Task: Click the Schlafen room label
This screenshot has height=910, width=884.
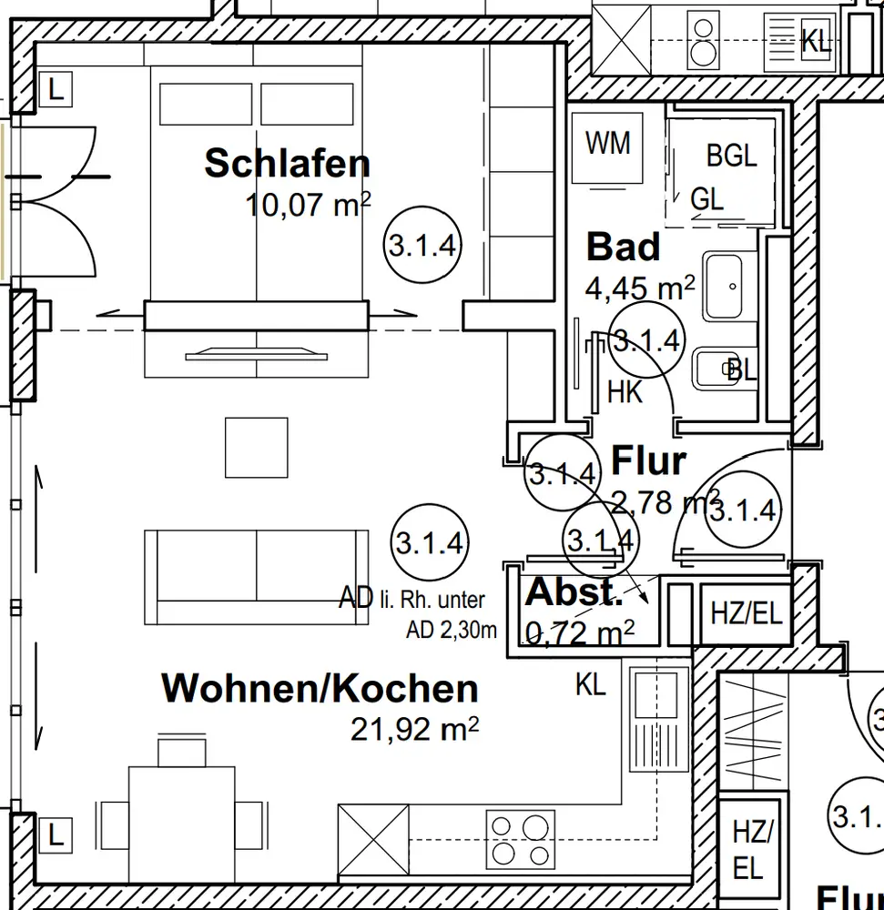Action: pos(287,164)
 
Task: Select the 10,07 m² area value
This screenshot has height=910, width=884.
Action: pos(307,205)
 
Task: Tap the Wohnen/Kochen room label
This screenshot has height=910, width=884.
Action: pos(320,688)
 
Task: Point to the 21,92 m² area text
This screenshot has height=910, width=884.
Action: pos(415,728)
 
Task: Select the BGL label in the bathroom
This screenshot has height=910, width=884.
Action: pos(731,156)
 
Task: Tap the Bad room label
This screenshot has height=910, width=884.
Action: pos(623,247)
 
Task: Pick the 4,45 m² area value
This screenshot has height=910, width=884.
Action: pos(639,288)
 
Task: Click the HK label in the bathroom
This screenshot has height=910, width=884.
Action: pos(625,392)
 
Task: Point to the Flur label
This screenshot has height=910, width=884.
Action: pos(647,461)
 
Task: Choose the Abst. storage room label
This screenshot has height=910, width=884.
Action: pos(574,592)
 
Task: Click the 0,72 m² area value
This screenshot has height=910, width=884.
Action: pos(579,631)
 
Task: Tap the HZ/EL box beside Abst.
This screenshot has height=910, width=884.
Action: pos(746,612)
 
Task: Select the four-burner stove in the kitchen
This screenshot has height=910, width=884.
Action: pos(520,839)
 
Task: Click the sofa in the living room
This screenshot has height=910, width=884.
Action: pos(257,576)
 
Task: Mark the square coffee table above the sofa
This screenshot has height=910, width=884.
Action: pos(257,447)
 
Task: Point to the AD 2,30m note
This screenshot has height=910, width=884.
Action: pos(452,629)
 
